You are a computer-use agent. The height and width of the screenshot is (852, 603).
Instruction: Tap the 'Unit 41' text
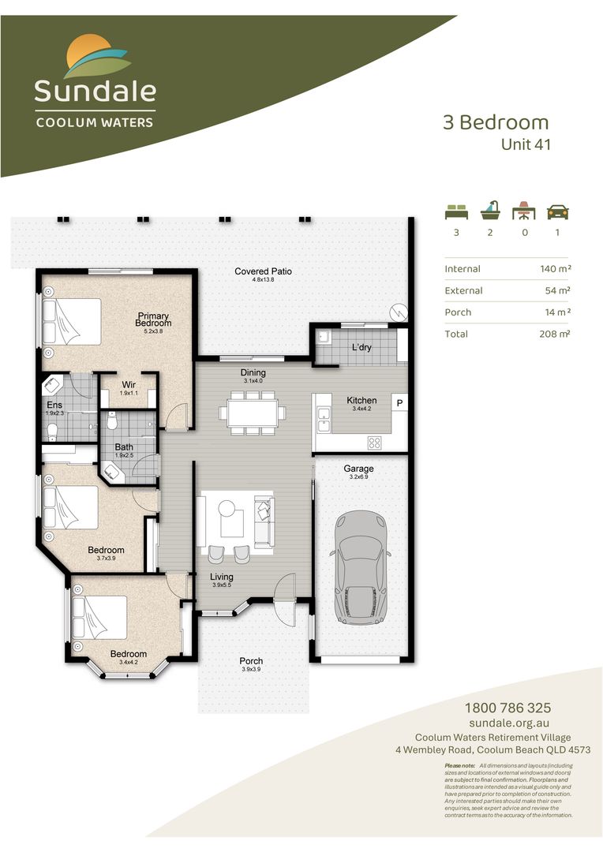pyautogui.click(x=525, y=144)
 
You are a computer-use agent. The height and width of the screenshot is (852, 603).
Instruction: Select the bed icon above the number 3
pyautogui.click(x=455, y=211)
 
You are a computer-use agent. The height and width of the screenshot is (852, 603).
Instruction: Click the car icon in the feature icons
pyautogui.click(x=558, y=211)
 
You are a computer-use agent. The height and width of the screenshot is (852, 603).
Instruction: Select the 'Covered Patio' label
pyautogui.click(x=263, y=271)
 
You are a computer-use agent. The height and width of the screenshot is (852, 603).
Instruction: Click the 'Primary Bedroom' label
pyautogui.click(x=152, y=319)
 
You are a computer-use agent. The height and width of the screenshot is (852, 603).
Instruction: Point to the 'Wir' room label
pyautogui.click(x=129, y=385)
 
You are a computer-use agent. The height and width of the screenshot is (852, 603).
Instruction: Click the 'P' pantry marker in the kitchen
pyautogui.click(x=399, y=404)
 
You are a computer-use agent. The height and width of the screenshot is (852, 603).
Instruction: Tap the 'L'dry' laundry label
pyautogui.click(x=364, y=348)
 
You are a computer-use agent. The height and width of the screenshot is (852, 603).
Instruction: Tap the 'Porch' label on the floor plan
pyautogui.click(x=251, y=661)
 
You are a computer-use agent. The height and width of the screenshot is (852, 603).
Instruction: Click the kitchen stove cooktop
pyautogui.click(x=374, y=443)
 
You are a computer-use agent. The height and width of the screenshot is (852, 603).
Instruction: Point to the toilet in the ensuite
pyautogui.click(x=52, y=431)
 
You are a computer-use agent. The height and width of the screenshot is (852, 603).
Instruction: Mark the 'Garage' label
pyautogui.click(x=358, y=469)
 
